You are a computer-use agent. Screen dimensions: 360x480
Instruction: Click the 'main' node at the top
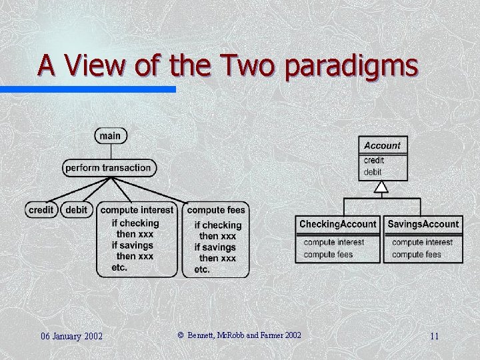point(110,136)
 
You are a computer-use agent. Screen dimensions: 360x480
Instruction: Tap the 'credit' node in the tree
point(41,210)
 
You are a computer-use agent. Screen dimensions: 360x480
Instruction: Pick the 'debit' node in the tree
point(76,210)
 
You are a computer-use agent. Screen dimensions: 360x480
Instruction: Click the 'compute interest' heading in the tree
point(137,210)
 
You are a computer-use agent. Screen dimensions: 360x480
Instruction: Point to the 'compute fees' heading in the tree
point(216,210)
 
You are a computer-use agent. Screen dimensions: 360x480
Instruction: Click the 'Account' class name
point(382,145)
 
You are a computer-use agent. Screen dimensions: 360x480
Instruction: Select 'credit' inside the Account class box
point(374,161)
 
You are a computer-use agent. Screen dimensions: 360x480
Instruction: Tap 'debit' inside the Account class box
point(373,172)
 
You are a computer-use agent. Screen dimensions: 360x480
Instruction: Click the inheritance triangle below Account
point(381,187)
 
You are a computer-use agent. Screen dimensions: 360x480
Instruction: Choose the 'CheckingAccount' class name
point(338,224)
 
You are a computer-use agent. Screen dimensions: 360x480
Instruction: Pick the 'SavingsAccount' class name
point(423,224)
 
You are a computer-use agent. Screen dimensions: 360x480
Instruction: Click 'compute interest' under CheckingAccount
point(334,243)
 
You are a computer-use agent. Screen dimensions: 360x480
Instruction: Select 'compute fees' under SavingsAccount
point(417,254)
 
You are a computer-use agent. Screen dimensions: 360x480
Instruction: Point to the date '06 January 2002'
point(71,336)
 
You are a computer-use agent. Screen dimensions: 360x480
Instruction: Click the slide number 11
point(434,336)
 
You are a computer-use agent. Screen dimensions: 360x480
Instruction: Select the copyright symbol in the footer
point(180,335)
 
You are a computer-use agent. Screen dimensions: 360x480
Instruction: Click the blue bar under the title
point(87,89)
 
